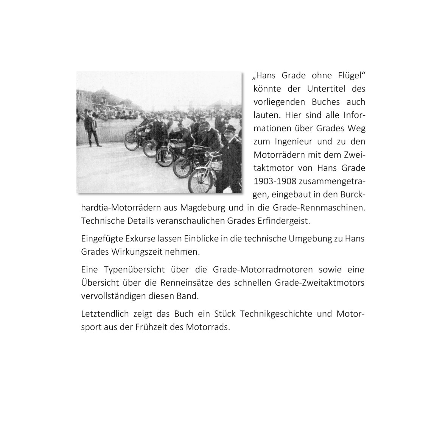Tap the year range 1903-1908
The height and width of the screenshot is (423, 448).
pos(275,181)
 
